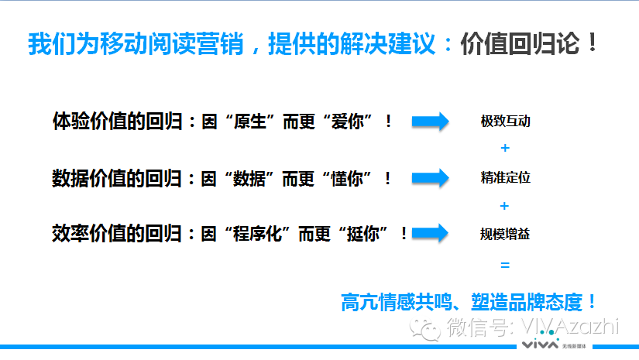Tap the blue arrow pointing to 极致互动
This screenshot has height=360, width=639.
tap(431, 122)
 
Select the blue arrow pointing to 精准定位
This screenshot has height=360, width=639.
tap(431, 177)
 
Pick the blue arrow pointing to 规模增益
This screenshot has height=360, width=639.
tap(431, 232)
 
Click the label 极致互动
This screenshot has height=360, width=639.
tap(505, 122)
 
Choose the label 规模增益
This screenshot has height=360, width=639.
tap(505, 232)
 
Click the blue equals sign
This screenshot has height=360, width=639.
tap(505, 266)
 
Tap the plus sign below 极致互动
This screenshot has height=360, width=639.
tap(505, 148)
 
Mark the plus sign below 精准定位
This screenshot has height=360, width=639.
tap(505, 206)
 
